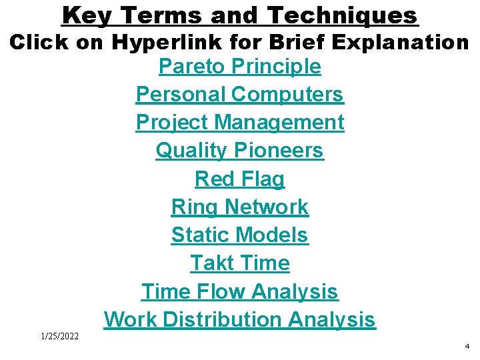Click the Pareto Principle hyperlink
click(239, 67)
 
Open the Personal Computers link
click(239, 95)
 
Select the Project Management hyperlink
click(239, 123)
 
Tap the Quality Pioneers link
click(239, 151)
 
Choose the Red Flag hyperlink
click(239, 179)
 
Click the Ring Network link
click(239, 207)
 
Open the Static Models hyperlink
click(239, 235)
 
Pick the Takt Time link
click(239, 263)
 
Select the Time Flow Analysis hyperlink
click(239, 291)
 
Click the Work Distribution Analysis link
click(239, 319)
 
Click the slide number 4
click(467, 347)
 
